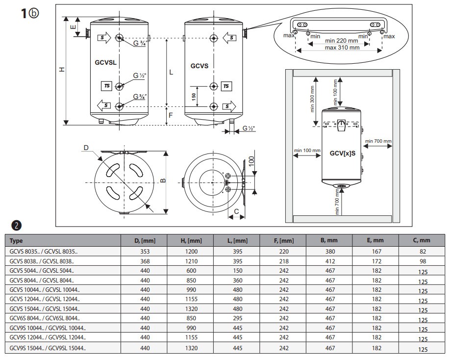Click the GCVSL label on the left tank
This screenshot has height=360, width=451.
click(105, 63)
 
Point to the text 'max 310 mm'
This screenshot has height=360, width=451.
click(342, 48)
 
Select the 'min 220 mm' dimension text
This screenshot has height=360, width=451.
click(342, 41)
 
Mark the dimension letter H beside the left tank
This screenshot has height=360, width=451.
click(61, 70)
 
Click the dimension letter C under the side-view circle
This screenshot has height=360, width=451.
click(237, 211)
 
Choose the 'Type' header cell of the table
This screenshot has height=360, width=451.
click(17, 241)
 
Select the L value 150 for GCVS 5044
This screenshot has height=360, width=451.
click(237, 270)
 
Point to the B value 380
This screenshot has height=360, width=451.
click(329, 251)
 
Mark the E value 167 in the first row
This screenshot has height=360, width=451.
click(376, 251)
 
